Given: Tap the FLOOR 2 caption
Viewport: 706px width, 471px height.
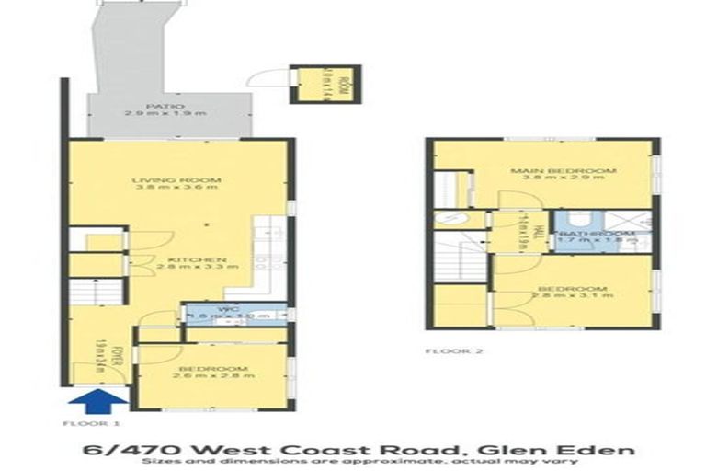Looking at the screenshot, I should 454,351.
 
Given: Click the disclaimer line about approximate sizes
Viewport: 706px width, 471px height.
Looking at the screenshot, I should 353,461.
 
